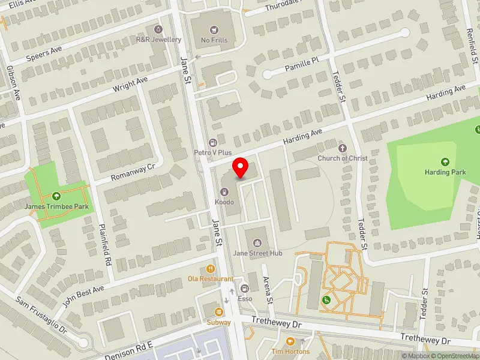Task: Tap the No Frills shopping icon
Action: point(214,29)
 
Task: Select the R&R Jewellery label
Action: point(158,40)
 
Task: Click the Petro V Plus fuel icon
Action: point(212,142)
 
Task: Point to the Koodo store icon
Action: point(224,192)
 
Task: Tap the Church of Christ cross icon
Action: point(343,148)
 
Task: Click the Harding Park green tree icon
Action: point(445,161)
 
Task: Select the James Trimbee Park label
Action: point(56,207)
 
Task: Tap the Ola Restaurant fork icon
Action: point(210,269)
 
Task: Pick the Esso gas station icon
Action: point(245,288)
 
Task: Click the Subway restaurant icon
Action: point(218,311)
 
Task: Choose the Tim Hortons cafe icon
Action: point(290,341)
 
